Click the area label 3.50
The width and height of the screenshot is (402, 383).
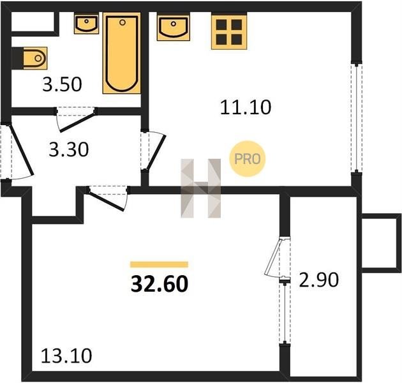tap(62, 84)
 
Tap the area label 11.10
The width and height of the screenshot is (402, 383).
tap(246, 107)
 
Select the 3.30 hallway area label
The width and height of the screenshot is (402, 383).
tap(69, 149)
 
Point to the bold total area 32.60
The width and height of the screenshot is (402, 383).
tap(160, 284)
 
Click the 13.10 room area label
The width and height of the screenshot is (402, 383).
tap(66, 356)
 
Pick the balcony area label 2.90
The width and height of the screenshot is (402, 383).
tap(319, 280)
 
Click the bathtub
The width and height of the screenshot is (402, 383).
tap(122, 53)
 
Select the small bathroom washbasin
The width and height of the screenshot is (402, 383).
tap(86, 24)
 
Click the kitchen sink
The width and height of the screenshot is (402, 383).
tap(174, 27)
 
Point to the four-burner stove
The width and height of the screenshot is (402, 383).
tap(229, 32)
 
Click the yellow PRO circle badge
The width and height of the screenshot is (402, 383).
tap(247, 159)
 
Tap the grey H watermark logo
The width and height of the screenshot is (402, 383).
tap(201, 188)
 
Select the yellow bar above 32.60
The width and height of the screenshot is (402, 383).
tap(160, 264)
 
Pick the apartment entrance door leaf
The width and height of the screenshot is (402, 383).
tap(21, 150)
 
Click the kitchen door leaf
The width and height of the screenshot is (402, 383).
tap(155, 153)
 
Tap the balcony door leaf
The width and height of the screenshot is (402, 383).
tap(273, 257)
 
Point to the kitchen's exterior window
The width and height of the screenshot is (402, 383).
tap(357, 117)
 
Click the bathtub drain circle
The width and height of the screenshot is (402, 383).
tap(123, 22)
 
